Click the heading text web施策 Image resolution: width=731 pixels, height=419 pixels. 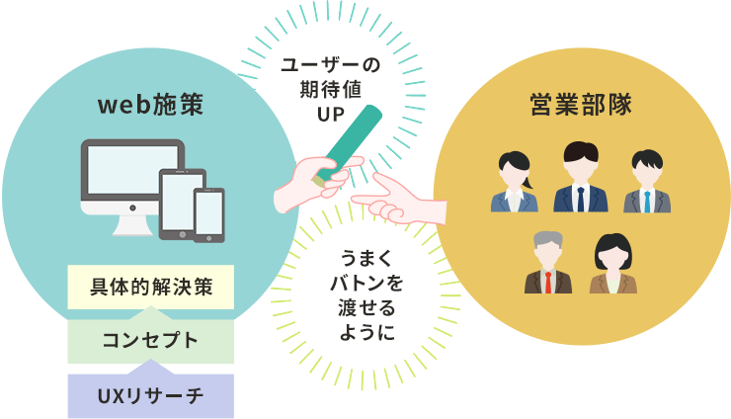150,104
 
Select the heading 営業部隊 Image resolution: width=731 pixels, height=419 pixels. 580,104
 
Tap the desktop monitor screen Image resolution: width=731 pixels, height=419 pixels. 132,173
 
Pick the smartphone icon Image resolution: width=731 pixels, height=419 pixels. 208,212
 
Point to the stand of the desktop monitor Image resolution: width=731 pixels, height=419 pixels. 132,223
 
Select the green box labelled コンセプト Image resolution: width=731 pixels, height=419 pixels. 150,340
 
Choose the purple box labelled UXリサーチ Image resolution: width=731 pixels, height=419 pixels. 150,395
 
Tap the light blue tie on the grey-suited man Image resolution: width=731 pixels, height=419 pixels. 647,200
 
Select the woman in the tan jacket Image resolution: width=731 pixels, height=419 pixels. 612,265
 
